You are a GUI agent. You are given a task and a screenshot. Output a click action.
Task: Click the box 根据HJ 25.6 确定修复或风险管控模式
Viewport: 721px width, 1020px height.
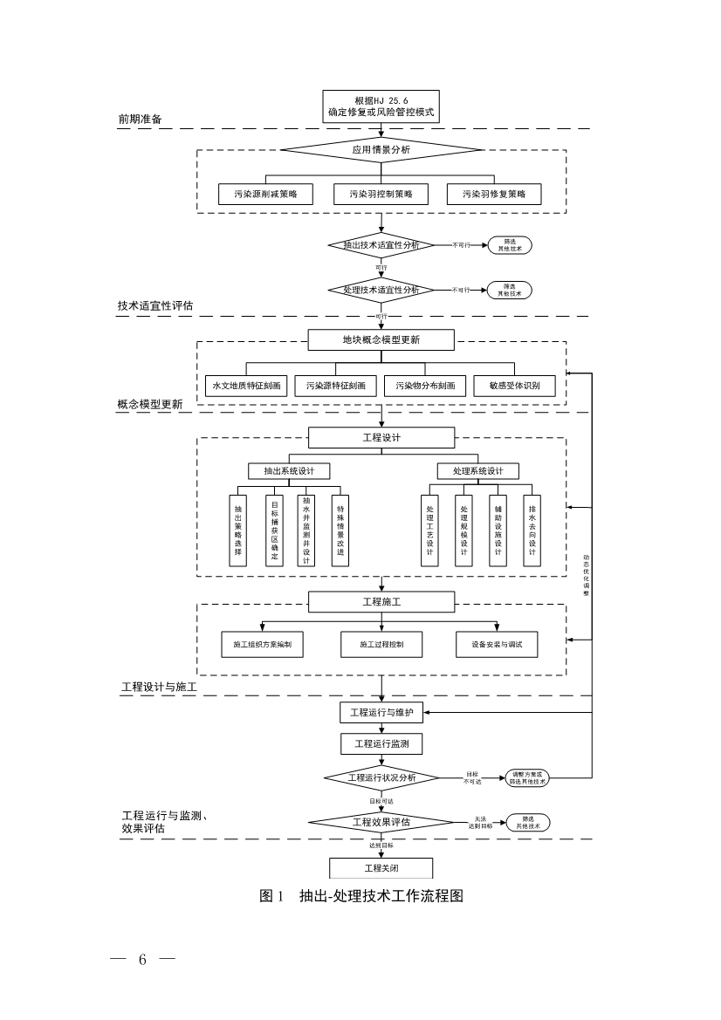pos(381,106)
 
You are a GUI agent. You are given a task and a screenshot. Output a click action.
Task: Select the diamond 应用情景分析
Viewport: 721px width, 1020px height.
pos(381,150)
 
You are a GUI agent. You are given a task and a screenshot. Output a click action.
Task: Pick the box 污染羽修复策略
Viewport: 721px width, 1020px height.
pos(494,195)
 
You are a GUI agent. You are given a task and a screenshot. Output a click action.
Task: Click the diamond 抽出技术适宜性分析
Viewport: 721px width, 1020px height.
pos(381,245)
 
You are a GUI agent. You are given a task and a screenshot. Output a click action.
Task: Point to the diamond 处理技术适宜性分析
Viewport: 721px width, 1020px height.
pos(381,290)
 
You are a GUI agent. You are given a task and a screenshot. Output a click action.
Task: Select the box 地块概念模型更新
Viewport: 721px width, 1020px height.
pos(381,339)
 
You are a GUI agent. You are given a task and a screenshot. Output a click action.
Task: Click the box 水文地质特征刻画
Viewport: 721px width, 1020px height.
pos(246,385)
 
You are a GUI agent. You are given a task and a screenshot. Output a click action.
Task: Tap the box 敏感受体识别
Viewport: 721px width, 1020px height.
pos(514,385)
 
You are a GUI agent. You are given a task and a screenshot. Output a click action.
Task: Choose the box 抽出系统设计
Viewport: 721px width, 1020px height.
pos(290,471)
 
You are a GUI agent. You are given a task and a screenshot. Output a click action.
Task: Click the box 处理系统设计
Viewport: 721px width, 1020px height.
pos(478,471)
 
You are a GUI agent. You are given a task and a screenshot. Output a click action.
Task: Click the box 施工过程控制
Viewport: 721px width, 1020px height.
pos(381,645)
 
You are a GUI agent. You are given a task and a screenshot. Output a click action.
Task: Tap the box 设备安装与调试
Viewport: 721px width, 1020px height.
pos(497,645)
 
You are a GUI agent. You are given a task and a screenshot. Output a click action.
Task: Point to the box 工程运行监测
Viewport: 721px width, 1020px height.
pos(381,744)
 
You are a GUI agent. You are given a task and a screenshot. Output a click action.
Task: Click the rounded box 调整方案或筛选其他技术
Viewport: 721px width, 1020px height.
pos(529,778)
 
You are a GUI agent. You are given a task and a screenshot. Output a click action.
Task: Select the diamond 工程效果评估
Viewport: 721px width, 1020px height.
pos(381,822)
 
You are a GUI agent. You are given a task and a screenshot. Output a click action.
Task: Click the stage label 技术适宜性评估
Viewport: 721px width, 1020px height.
pos(156,306)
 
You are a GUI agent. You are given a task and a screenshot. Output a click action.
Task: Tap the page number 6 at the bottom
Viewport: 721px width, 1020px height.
pos(142,960)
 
